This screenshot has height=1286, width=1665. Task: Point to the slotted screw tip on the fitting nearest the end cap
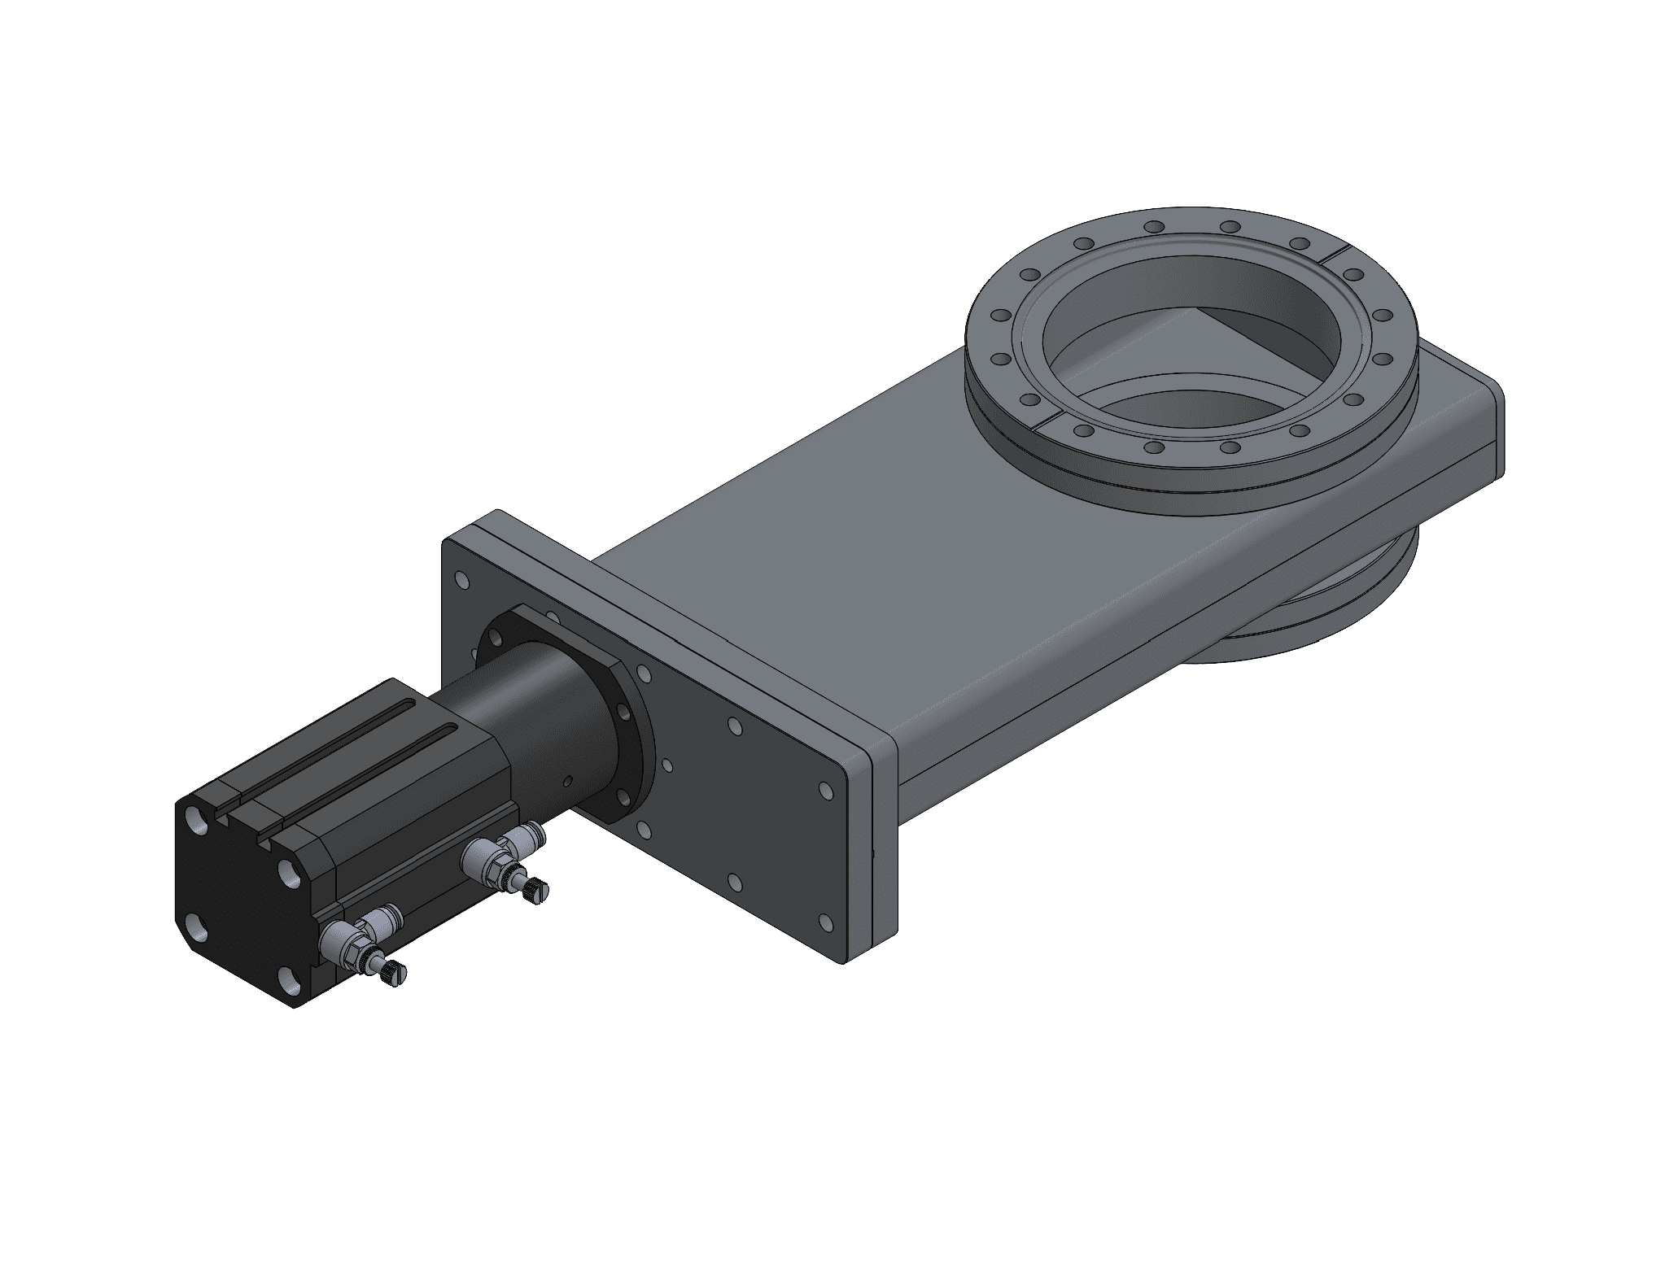pyautogui.click(x=394, y=970)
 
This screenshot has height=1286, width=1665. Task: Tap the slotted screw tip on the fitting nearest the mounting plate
pyautogui.click(x=537, y=891)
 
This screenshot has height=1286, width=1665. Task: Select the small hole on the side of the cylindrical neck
pyautogui.click(x=569, y=782)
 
